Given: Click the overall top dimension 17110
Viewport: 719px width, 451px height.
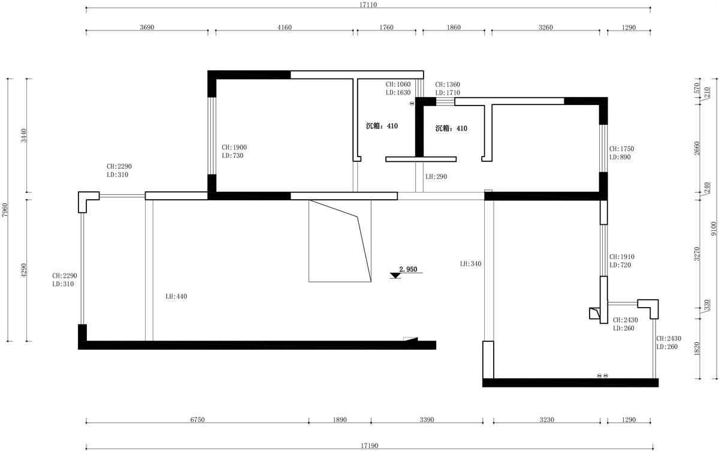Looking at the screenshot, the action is [x=368, y=5].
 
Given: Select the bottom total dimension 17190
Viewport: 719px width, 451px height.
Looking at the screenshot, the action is [x=370, y=446].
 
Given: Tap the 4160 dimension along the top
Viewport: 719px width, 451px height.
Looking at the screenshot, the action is [x=285, y=28].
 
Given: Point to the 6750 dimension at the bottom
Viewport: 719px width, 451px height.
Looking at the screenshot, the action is [x=197, y=420].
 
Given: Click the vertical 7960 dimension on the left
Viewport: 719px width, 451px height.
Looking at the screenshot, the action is [x=5, y=210].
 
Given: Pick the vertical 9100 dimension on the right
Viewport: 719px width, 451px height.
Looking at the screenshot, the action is [x=714, y=228].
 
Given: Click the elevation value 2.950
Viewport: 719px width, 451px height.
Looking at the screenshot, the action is [x=408, y=269].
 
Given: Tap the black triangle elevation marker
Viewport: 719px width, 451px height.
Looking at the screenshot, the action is [x=395, y=275].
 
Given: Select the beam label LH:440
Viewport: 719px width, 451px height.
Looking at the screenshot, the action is [x=176, y=296].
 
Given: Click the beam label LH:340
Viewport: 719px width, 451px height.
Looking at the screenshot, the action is [x=470, y=264].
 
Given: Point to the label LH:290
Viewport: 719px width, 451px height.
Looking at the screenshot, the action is [x=436, y=176].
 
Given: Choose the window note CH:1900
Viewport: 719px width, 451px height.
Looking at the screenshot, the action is [x=234, y=148].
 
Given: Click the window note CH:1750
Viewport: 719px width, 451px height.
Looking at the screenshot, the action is [x=622, y=149].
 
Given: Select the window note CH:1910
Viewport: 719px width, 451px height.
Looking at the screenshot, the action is [x=622, y=257].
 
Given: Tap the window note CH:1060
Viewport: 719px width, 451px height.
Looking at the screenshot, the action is [x=398, y=84].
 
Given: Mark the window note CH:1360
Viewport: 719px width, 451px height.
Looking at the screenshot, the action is [x=448, y=84].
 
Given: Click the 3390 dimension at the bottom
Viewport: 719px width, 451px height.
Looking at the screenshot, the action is [x=427, y=420].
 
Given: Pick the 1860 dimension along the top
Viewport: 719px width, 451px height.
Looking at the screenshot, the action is [x=454, y=28].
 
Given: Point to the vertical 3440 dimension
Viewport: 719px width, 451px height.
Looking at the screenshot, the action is [x=24, y=135].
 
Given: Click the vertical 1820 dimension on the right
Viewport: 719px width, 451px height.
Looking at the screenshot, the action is [x=697, y=348].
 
